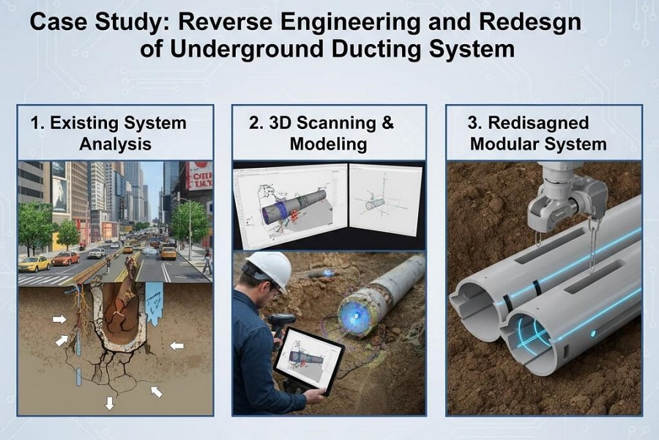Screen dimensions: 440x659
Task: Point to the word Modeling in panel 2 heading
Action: [328, 143]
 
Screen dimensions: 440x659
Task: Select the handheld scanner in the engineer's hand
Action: [281, 322]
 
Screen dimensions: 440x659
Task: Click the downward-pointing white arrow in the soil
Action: [110, 403]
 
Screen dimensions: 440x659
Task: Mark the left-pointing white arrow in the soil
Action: [176, 345]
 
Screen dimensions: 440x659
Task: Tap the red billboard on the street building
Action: [200, 176]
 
